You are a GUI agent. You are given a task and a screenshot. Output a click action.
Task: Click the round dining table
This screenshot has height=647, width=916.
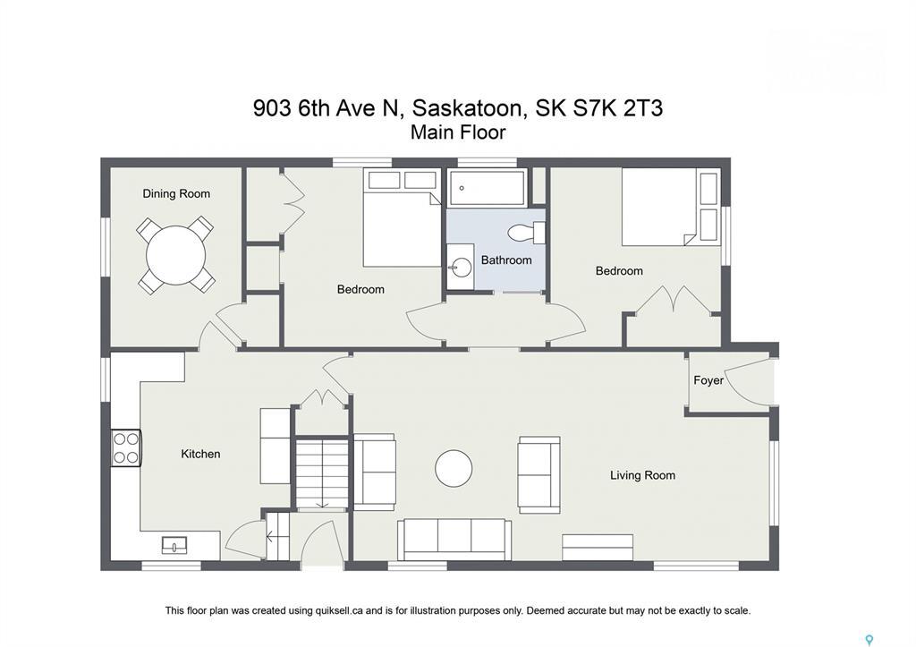tap(176, 255)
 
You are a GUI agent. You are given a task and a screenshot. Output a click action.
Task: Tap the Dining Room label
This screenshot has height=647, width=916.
tap(176, 193)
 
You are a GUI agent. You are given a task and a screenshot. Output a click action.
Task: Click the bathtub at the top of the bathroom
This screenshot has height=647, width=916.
tap(488, 188)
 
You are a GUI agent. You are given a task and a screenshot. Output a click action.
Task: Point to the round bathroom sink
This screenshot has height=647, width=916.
tap(462, 267)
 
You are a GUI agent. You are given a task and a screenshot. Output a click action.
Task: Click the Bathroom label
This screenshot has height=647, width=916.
tap(506, 260)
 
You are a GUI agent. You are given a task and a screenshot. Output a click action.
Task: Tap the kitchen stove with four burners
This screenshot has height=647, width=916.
tap(126, 448)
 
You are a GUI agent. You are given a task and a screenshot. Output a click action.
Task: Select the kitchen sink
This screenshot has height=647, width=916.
tap(174, 544)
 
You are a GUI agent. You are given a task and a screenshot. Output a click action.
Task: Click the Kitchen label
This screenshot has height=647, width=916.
tap(200, 454)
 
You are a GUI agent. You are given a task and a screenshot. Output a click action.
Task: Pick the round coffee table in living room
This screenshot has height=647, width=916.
tap(454, 468)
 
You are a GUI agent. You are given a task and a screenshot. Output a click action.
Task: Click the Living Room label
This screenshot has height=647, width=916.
tap(642, 475)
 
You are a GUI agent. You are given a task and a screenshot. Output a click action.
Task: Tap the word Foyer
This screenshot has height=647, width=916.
tap(708, 380)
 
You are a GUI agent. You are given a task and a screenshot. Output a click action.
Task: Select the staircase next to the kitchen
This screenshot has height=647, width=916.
tap(322, 472)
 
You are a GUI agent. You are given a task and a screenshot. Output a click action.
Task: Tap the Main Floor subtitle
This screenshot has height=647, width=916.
tap(458, 132)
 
